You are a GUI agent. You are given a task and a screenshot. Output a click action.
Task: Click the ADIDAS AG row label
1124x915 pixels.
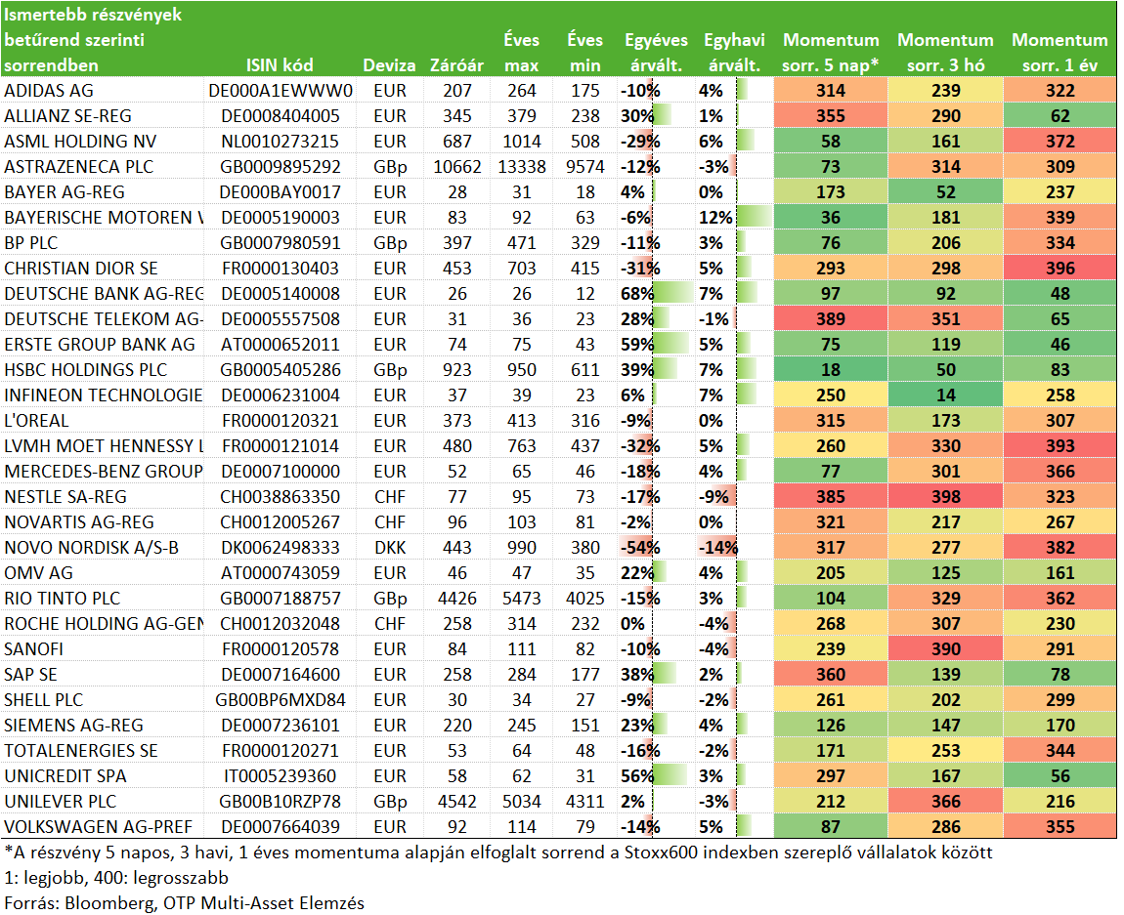[49, 91]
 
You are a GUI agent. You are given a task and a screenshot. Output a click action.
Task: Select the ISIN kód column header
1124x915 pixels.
[280, 65]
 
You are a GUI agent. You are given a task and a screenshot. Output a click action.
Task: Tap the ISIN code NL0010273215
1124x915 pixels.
[280, 142]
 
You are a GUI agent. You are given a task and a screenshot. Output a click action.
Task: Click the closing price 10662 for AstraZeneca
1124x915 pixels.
[457, 167]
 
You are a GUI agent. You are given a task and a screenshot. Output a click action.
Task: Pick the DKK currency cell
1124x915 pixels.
[390, 548]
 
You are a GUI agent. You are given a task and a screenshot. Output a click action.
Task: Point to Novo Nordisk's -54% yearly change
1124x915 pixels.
[640, 548]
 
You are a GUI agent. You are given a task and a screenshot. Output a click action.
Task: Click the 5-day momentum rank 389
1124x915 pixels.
[831, 319]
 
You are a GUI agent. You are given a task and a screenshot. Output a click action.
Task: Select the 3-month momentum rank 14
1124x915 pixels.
[945, 395]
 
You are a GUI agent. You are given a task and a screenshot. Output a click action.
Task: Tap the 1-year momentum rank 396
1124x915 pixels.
[1060, 269]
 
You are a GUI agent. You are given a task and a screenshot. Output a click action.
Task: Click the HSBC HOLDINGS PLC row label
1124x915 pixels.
[85, 370]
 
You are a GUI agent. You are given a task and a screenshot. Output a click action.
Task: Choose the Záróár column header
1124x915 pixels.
[456, 65]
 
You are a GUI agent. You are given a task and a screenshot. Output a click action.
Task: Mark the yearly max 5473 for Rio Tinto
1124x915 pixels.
[522, 599]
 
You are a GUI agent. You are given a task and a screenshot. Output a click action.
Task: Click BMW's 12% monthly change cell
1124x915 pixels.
[715, 218]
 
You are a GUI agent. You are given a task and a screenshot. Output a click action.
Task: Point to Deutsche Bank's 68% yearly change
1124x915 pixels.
[637, 294]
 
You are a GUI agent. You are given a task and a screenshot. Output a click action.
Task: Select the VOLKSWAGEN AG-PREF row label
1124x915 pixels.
[98, 827]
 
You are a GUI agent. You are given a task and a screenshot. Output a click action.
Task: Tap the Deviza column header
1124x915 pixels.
[389, 65]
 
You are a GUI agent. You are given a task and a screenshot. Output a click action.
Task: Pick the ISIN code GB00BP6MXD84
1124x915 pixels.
[280, 700]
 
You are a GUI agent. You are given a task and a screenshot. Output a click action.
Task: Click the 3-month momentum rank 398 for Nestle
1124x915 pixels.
[945, 497]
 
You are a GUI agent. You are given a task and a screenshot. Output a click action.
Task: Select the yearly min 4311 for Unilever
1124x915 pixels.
[585, 802]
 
